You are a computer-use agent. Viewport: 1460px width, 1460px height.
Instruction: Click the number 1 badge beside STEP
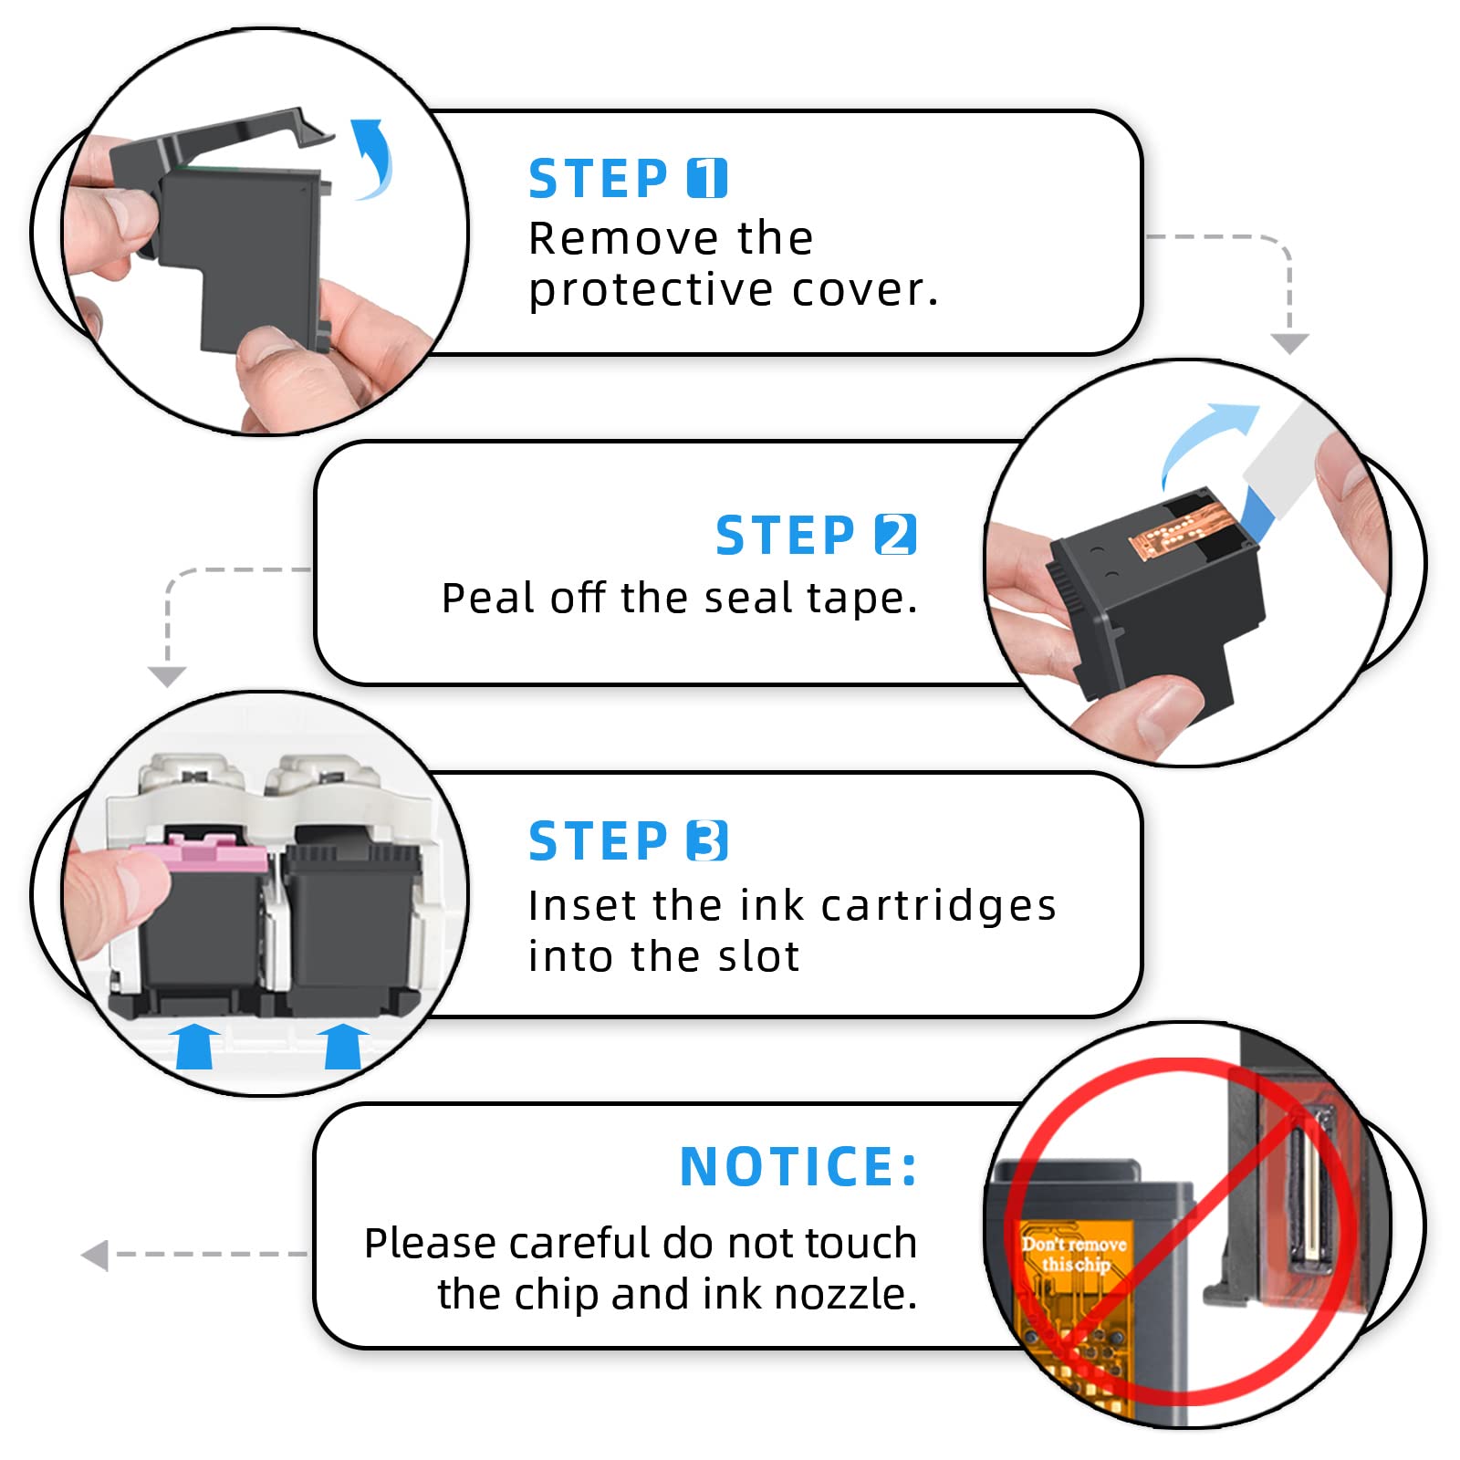tap(707, 178)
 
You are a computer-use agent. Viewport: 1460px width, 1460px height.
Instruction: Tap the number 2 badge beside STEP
tap(895, 535)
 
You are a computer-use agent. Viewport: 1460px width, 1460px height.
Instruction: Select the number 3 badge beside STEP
tap(707, 840)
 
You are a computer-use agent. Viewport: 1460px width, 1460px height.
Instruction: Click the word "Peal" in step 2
tap(488, 598)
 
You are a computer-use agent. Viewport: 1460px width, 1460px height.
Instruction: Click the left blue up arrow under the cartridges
tap(195, 1045)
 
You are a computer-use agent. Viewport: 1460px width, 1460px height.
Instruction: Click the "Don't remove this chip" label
tap(1074, 1254)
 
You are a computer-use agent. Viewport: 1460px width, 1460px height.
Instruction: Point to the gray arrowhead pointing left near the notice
tap(95, 1255)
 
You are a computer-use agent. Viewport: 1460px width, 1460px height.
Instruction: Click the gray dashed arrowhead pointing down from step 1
tap(1289, 343)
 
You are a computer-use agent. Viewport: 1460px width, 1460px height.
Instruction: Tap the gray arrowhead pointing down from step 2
tap(167, 676)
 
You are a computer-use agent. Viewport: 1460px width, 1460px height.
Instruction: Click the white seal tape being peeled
tap(1288, 456)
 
